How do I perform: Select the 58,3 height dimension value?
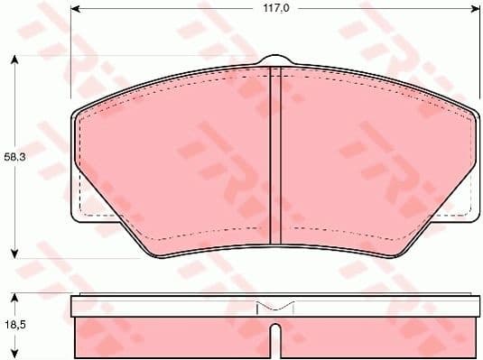click(x=14, y=156)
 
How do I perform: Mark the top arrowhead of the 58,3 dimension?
click(x=14, y=60)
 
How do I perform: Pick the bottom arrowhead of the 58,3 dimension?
click(x=14, y=254)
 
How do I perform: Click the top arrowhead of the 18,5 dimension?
click(x=14, y=297)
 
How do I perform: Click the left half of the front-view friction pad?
click(x=181, y=162)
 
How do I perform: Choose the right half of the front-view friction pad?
click(x=370, y=162)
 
